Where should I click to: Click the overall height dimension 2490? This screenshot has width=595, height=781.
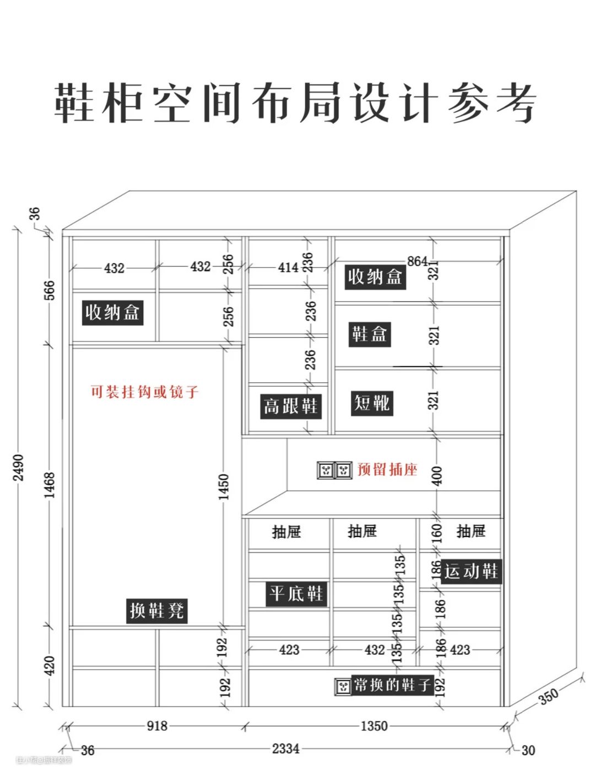tap(19, 467)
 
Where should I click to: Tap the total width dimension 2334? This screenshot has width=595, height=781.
tap(285, 749)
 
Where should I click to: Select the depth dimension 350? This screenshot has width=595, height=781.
tap(548, 696)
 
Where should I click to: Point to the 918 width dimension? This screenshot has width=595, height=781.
tap(157, 726)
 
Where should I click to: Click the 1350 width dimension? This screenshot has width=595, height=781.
tap(374, 726)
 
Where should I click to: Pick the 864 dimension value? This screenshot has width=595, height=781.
tap(417, 261)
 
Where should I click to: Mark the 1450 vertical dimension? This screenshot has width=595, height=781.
tap(223, 487)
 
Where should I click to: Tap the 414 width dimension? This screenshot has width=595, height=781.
tap(288, 268)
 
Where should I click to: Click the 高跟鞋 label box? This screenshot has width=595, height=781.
tap(290, 406)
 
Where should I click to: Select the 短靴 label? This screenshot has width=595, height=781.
tap(372, 403)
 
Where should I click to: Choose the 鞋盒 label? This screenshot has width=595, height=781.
tap(370, 334)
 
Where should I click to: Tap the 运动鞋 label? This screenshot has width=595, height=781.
tap(471, 571)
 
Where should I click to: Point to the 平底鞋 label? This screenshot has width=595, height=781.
tap(296, 594)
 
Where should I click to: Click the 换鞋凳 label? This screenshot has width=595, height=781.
tap(157, 610)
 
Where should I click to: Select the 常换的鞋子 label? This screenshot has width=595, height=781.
tap(392, 685)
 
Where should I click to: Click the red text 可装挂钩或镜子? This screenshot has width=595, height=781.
tap(144, 392)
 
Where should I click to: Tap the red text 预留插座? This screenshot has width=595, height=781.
tap(387, 469)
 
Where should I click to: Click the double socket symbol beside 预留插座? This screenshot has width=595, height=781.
tap(334, 470)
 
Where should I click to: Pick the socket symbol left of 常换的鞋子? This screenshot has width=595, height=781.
tap(343, 686)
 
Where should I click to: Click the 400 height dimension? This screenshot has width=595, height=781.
tap(436, 475)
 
